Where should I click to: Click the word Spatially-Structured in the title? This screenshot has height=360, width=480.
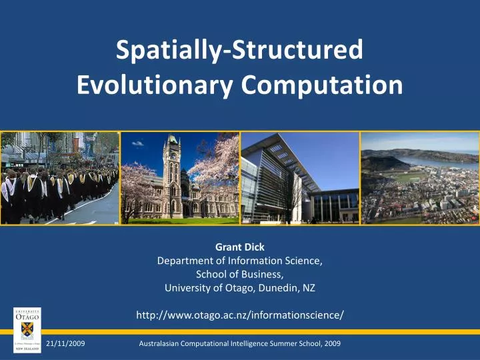[239, 51]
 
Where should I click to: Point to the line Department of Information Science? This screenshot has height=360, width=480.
[239, 261]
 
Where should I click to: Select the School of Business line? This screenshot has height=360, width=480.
[239, 275]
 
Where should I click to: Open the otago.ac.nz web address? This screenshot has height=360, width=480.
[239, 315]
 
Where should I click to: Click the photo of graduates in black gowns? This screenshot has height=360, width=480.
[60, 178]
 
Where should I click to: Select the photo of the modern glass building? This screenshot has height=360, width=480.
[299, 178]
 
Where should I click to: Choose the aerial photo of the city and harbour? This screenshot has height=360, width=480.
[419, 178]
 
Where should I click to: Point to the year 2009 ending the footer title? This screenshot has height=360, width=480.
[332, 343]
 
